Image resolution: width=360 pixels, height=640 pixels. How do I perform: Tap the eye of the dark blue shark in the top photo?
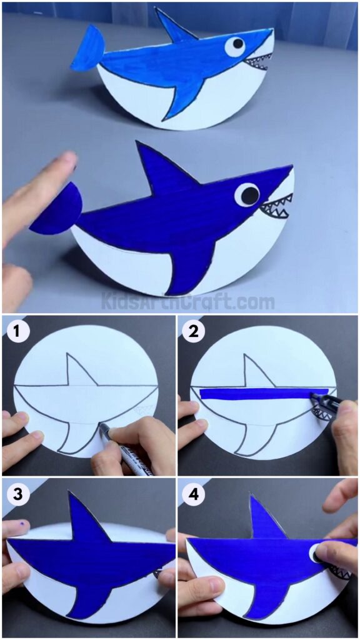247,194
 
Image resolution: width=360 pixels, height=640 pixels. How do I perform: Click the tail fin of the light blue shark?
87,49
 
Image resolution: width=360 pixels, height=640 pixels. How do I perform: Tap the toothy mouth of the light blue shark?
256,62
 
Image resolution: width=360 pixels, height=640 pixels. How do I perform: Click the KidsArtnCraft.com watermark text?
187,302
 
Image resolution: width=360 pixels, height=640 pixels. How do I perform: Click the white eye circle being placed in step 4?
315,552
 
